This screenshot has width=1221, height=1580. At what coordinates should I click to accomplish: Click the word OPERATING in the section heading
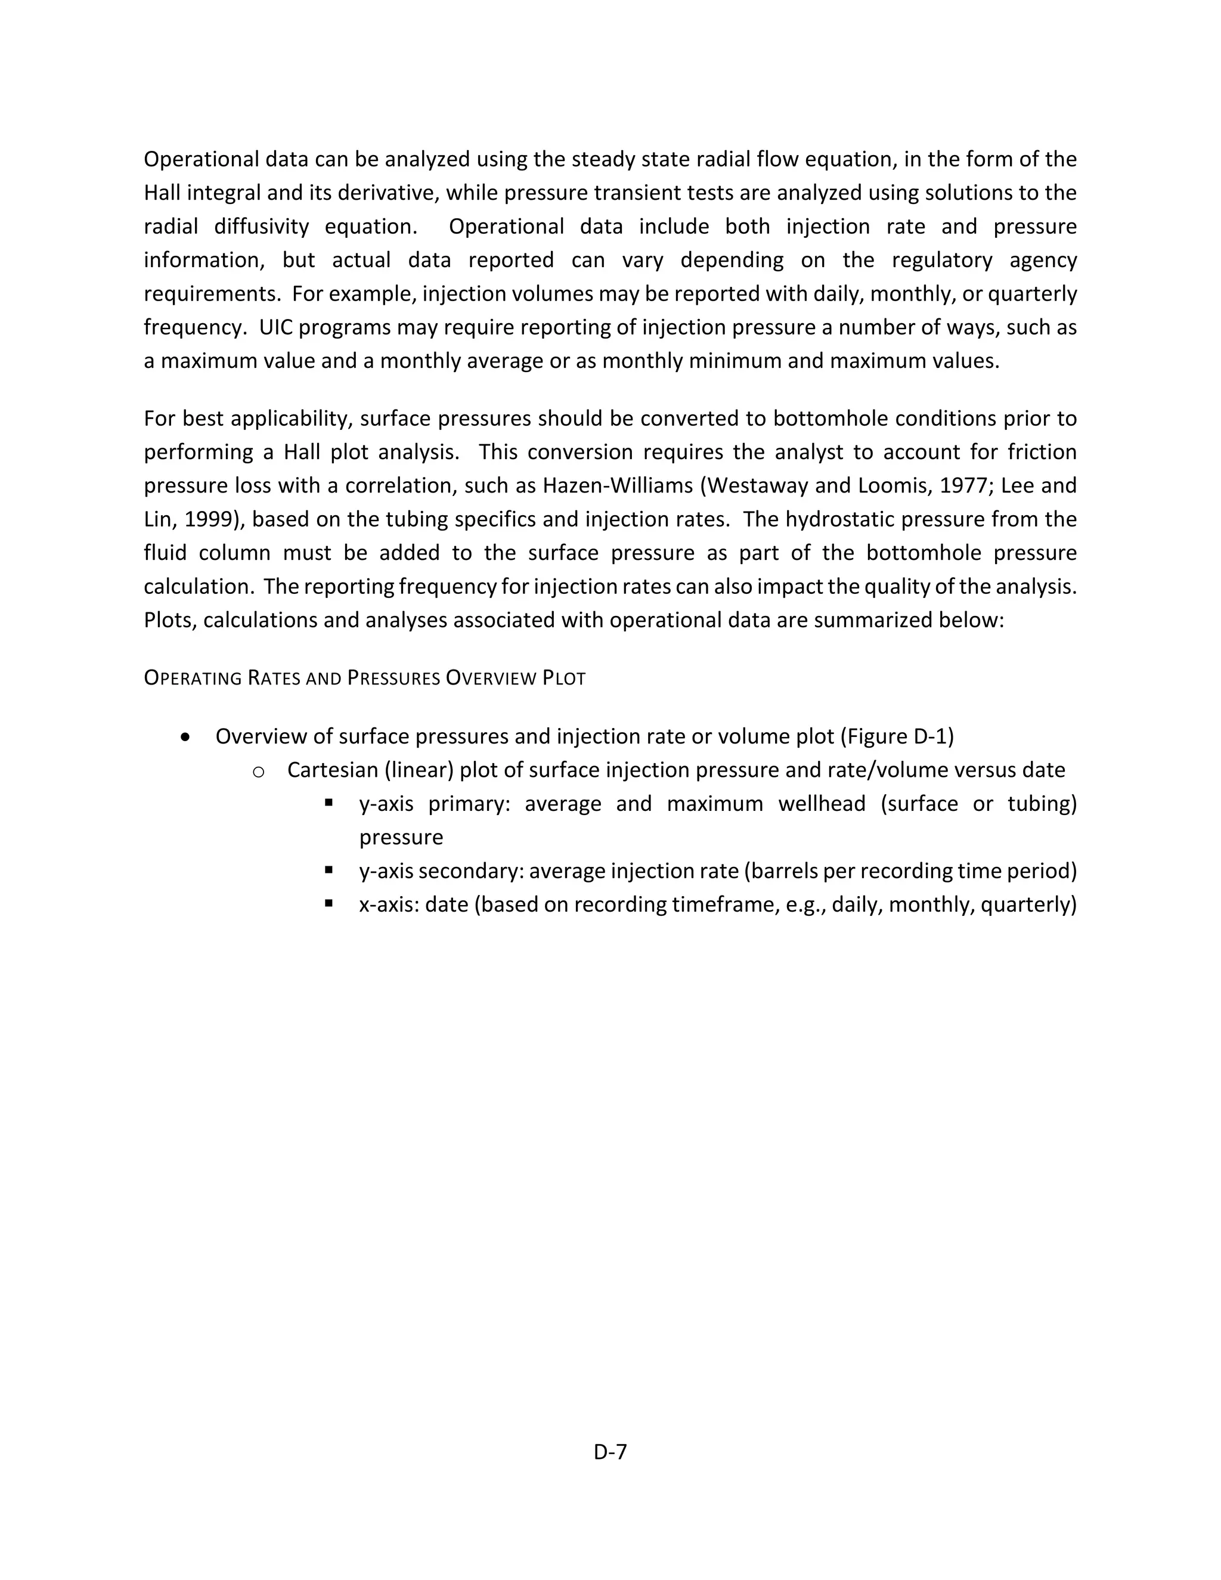(192, 679)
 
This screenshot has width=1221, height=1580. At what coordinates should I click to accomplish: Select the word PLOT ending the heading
(563, 679)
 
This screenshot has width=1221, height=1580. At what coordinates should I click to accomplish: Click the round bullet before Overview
(187, 737)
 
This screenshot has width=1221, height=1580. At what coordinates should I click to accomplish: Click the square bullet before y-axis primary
(329, 803)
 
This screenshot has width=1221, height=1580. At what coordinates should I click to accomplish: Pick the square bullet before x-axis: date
(329, 903)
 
